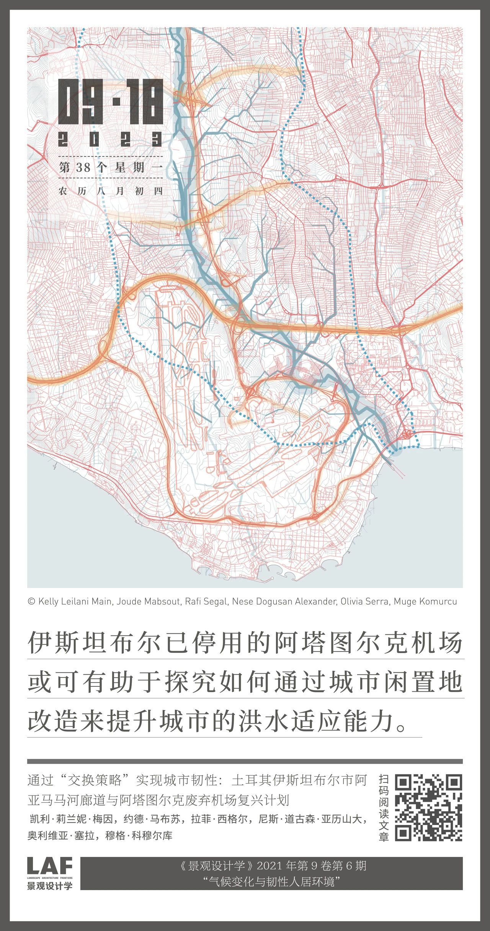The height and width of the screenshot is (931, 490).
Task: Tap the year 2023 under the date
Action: click(x=111, y=139)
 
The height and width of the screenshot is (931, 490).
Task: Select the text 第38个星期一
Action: click(x=111, y=167)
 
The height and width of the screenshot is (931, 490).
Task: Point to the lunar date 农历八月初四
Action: click(x=111, y=191)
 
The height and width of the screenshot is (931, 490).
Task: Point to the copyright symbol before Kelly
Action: click(x=31, y=601)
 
